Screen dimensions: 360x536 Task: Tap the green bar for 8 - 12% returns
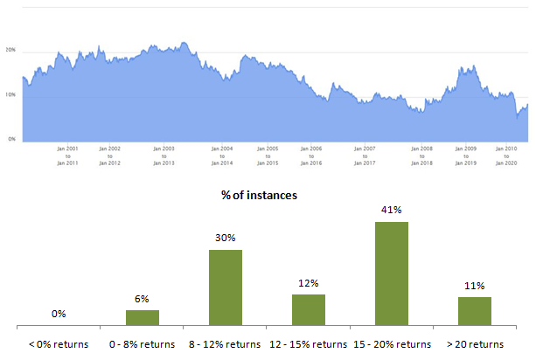[226, 287]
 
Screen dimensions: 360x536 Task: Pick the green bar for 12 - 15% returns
[309, 309]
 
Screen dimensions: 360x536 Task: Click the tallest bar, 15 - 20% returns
[392, 273]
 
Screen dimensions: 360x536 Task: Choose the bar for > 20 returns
[475, 311]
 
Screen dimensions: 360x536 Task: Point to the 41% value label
[391, 211]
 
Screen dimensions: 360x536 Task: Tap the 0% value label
[59, 314]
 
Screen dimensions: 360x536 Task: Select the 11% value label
[474, 286]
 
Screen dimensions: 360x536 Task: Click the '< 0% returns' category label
[59, 343]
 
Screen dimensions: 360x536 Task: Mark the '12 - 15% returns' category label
[308, 343]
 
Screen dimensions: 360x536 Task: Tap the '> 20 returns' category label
[475, 343]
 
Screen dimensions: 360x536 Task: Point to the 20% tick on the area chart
[10, 50]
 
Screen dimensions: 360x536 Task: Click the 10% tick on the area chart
[10, 94]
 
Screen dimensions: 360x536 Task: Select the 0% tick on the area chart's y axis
[11, 139]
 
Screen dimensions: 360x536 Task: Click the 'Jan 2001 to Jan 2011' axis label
[67, 156]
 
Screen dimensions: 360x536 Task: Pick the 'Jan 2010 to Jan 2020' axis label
[506, 156]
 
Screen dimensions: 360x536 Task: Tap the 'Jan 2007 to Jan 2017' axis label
[365, 156]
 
